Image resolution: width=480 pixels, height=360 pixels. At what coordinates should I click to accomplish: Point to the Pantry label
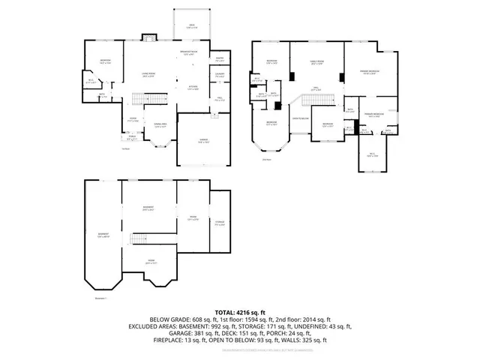point(220,58)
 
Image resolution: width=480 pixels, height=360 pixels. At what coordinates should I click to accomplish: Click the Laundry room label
point(220,74)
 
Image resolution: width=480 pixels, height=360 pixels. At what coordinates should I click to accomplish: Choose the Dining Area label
point(160,126)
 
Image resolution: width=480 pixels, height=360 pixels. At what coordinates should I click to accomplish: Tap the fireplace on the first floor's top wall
point(149,35)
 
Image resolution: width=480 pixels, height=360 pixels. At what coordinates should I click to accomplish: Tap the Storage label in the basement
point(220,223)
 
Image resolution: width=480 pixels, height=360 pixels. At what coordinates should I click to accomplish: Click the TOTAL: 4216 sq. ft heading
point(240,311)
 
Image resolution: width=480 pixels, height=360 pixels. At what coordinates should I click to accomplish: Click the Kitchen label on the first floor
point(193,88)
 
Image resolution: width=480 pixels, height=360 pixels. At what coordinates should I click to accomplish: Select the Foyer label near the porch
point(132,120)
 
